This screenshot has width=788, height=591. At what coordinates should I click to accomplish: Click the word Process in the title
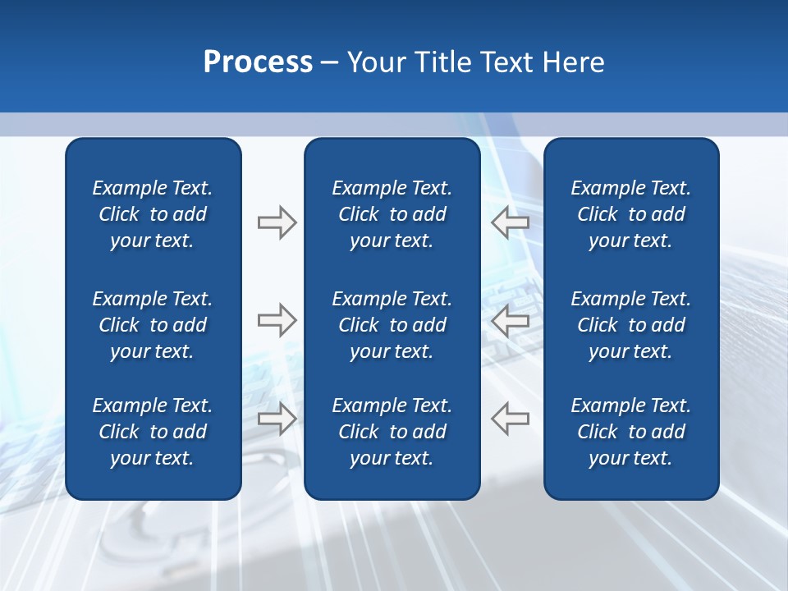coord(258,62)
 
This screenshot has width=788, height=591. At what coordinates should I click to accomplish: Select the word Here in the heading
coord(574,62)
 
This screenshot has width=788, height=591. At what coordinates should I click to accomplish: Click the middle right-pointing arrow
coord(277,319)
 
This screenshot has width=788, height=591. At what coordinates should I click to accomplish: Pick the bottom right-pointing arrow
coord(277,418)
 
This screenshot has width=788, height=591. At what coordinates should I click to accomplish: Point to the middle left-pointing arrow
coord(511,319)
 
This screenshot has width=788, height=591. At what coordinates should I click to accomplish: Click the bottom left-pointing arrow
coord(511,418)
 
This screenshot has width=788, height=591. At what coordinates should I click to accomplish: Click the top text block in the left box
coord(153,214)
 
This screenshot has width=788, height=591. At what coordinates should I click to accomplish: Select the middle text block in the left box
coord(153,325)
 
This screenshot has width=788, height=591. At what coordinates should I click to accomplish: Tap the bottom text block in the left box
coord(153,432)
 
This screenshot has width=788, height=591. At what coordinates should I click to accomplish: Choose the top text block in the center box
coord(392,214)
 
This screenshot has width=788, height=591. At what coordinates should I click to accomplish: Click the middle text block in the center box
coord(392,325)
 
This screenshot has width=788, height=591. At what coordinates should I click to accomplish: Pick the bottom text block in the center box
coord(392,432)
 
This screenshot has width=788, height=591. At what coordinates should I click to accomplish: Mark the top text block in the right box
coord(630,214)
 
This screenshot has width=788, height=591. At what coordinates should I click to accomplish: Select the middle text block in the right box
coord(630,325)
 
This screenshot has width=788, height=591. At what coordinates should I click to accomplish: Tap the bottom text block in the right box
coord(630,432)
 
